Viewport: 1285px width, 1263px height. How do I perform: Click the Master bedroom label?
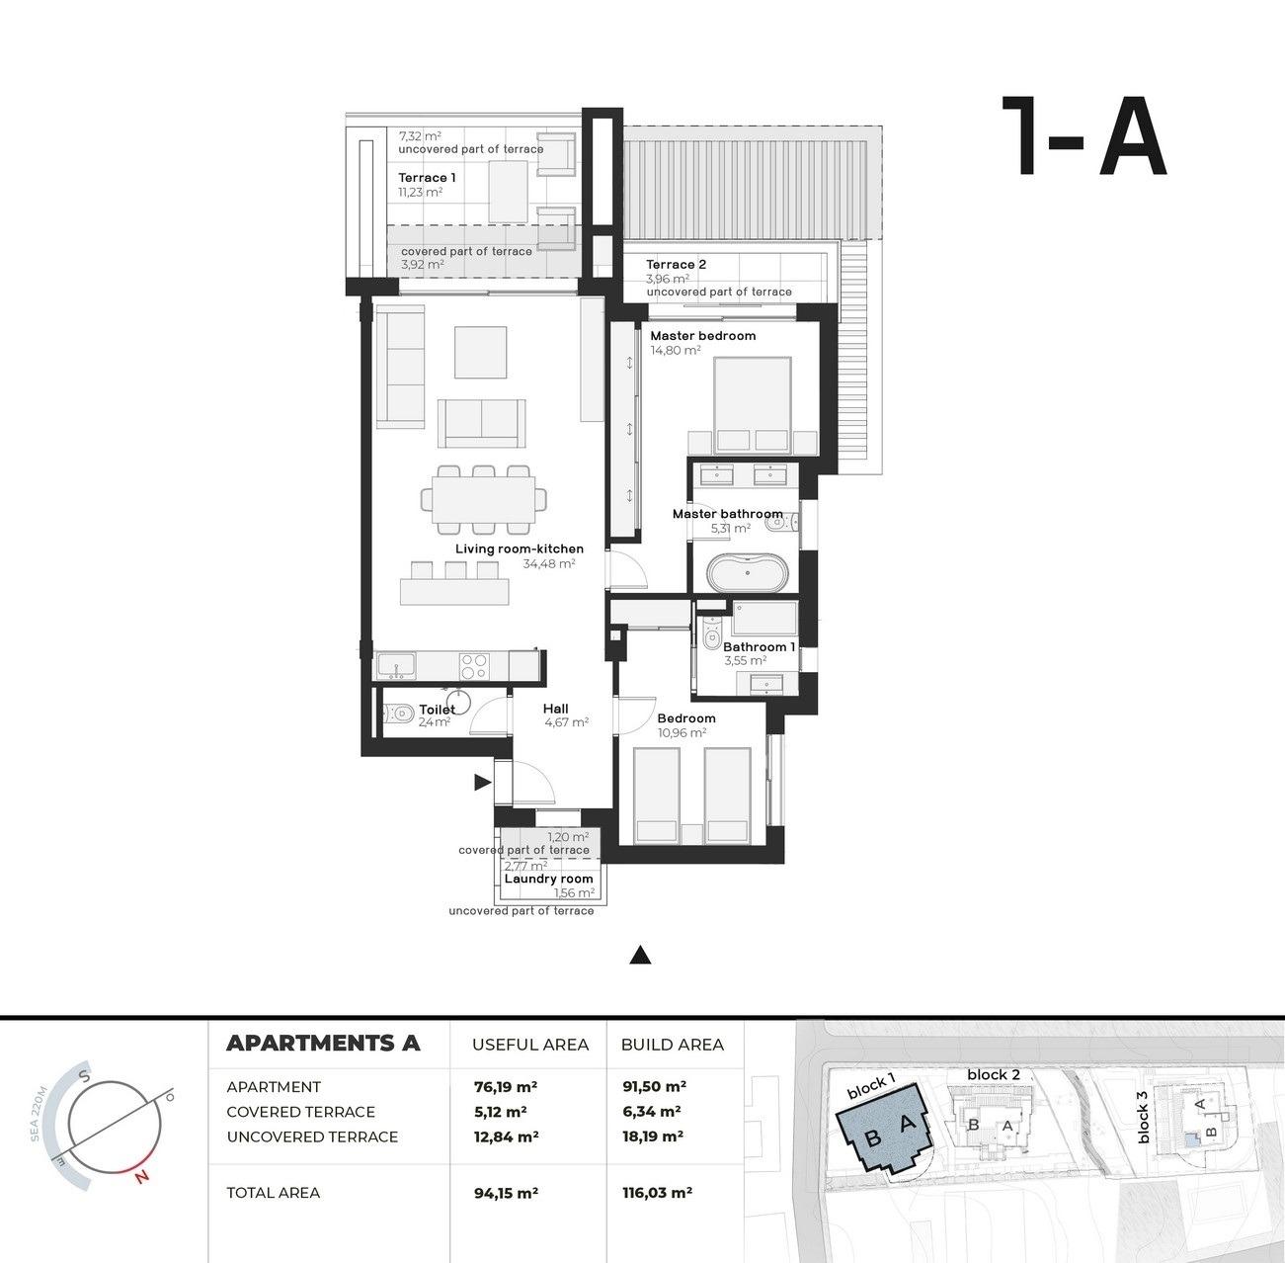coord(702,336)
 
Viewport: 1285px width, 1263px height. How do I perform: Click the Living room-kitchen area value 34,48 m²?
coord(548,564)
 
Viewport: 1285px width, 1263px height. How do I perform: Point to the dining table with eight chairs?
coord(483,501)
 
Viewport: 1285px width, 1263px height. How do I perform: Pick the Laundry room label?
coord(548,879)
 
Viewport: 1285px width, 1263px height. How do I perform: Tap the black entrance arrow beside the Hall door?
coord(482,783)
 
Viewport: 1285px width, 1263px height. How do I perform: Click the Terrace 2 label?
coord(676,265)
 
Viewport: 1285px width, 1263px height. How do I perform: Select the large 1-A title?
coord(1084,137)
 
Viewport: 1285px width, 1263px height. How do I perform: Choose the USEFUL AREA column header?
coord(529,1045)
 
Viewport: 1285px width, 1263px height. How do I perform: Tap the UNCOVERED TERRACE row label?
coord(312,1137)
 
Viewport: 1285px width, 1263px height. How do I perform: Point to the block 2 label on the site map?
coord(993,1074)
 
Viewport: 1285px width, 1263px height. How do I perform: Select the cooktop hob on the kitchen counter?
coord(473,665)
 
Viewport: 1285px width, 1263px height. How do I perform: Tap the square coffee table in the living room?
coord(480,352)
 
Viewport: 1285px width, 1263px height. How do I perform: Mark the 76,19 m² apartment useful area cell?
coord(506,1086)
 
